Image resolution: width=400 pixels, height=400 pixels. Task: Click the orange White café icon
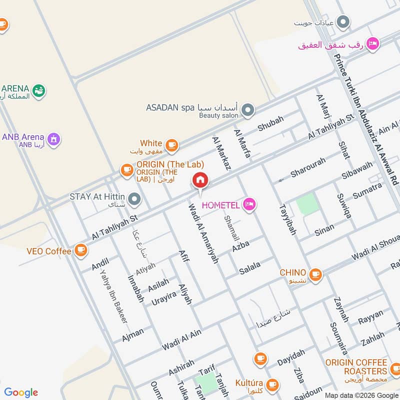click(172, 145)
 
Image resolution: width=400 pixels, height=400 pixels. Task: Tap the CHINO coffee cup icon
click(315, 274)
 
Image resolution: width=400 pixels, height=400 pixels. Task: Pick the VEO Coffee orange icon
click(80, 249)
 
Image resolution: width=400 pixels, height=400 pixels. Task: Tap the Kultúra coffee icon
click(272, 384)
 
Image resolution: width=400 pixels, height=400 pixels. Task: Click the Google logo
click(21, 392)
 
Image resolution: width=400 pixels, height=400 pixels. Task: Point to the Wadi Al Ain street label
click(181, 339)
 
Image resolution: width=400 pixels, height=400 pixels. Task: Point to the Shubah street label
click(270, 123)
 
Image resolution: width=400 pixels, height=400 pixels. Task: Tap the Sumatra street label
click(367, 190)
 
